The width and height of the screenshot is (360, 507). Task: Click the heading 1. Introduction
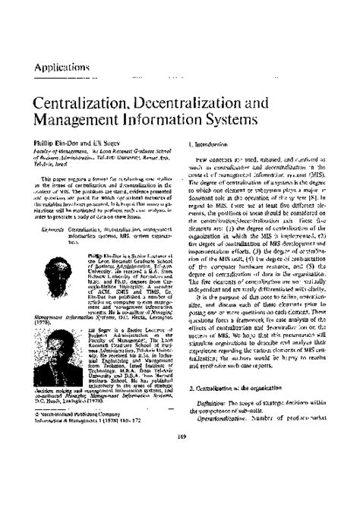[x=211, y=143]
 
